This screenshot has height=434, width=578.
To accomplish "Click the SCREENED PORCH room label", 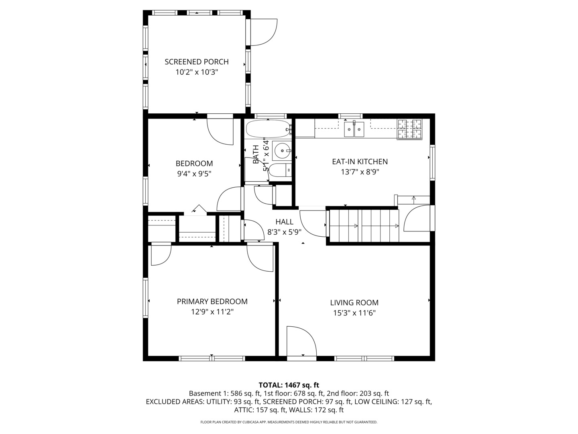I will (x=196, y=62).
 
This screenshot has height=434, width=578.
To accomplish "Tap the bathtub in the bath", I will (x=267, y=129).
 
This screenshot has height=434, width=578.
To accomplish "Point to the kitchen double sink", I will (x=354, y=129).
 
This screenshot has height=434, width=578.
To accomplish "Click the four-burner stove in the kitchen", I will (x=409, y=129).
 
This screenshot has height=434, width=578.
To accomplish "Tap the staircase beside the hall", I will (x=364, y=226).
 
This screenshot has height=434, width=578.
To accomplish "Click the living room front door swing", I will (x=301, y=342).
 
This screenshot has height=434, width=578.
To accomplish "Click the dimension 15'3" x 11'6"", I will (x=354, y=313).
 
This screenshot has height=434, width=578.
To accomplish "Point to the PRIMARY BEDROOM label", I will (x=212, y=301).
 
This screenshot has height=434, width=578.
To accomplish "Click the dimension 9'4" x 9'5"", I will (x=194, y=174).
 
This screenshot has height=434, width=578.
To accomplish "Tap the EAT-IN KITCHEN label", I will (x=360, y=162).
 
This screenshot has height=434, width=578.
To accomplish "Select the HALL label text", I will (x=284, y=222).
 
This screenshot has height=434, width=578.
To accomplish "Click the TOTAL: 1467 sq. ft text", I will (x=289, y=385).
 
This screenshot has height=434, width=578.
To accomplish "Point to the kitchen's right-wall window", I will (x=432, y=162).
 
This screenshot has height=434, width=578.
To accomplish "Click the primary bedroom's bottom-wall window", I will (x=212, y=358).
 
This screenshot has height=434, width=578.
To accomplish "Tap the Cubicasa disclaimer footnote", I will (x=289, y=422).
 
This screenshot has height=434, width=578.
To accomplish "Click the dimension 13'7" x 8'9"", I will (x=360, y=172).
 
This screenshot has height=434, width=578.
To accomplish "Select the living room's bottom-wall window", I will (x=364, y=358).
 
